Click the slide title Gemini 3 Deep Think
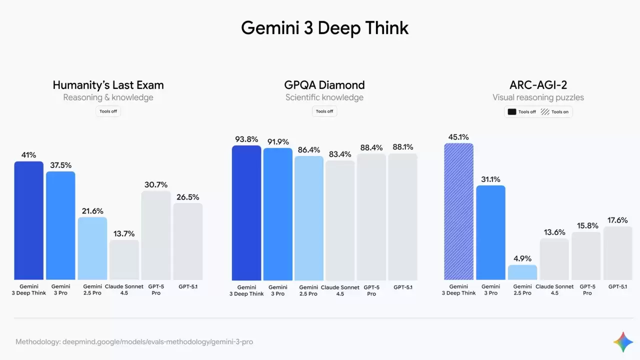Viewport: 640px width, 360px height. coord(324,28)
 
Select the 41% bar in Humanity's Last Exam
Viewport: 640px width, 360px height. coord(28,220)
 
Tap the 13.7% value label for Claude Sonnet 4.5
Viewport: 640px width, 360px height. coord(124,233)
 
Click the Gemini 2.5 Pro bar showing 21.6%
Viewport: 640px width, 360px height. coord(92,248)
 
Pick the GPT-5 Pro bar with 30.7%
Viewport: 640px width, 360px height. coord(156,235)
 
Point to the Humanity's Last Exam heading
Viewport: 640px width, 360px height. coord(108,85)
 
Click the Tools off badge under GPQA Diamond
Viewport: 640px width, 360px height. coord(324,111)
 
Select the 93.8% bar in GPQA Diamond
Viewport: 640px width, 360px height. coord(246,212)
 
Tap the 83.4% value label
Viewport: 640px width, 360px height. coord(340,154)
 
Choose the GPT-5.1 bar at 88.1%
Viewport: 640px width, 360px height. coord(402,216)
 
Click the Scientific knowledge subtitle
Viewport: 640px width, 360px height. coord(324,97)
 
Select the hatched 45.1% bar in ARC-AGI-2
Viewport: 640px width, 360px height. coord(458,211)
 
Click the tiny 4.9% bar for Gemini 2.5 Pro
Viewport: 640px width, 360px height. coord(522,272)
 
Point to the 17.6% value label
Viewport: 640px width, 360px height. coord(618,220)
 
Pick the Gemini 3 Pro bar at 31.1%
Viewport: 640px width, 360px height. coord(490,232)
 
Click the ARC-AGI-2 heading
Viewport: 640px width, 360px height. coord(538,85)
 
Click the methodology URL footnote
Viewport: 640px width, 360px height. coord(134,342)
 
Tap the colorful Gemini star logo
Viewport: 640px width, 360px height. coord(623,342)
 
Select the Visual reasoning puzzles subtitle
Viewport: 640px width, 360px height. coord(538,97)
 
